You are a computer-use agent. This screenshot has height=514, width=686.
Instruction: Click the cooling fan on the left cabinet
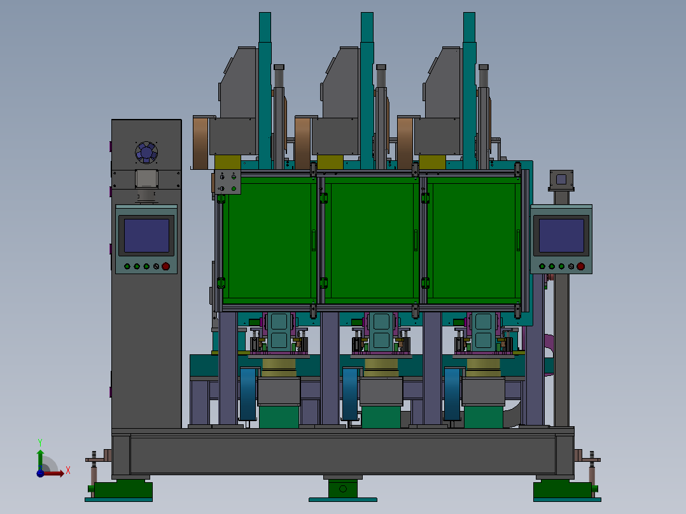pyautogui.click(x=146, y=153)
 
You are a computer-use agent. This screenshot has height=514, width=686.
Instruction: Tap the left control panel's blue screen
pyautogui.click(x=146, y=236)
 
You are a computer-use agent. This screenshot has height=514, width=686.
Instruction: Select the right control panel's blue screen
pyautogui.click(x=561, y=236)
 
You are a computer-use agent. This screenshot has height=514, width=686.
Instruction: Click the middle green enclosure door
pyautogui.click(x=372, y=240)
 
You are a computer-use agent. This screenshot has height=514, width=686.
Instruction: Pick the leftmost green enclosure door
pyautogui.click(x=270, y=240)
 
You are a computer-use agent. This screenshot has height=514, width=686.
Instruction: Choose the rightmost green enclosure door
pyautogui.click(x=474, y=240)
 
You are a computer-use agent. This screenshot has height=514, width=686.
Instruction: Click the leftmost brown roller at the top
pyautogui.click(x=201, y=142)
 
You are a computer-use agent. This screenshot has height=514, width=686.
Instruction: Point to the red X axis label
pyautogui.click(x=68, y=471)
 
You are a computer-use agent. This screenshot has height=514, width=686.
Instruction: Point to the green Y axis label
pyautogui.click(x=40, y=443)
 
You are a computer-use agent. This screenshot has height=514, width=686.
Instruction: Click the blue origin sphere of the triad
pyautogui.click(x=40, y=473)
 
